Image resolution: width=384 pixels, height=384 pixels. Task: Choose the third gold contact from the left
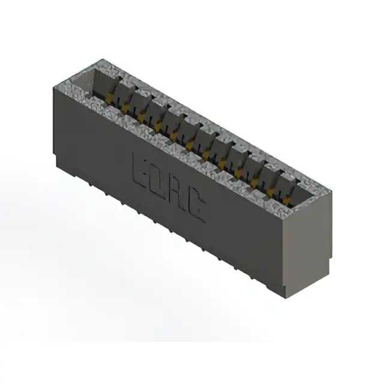click(142, 116)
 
